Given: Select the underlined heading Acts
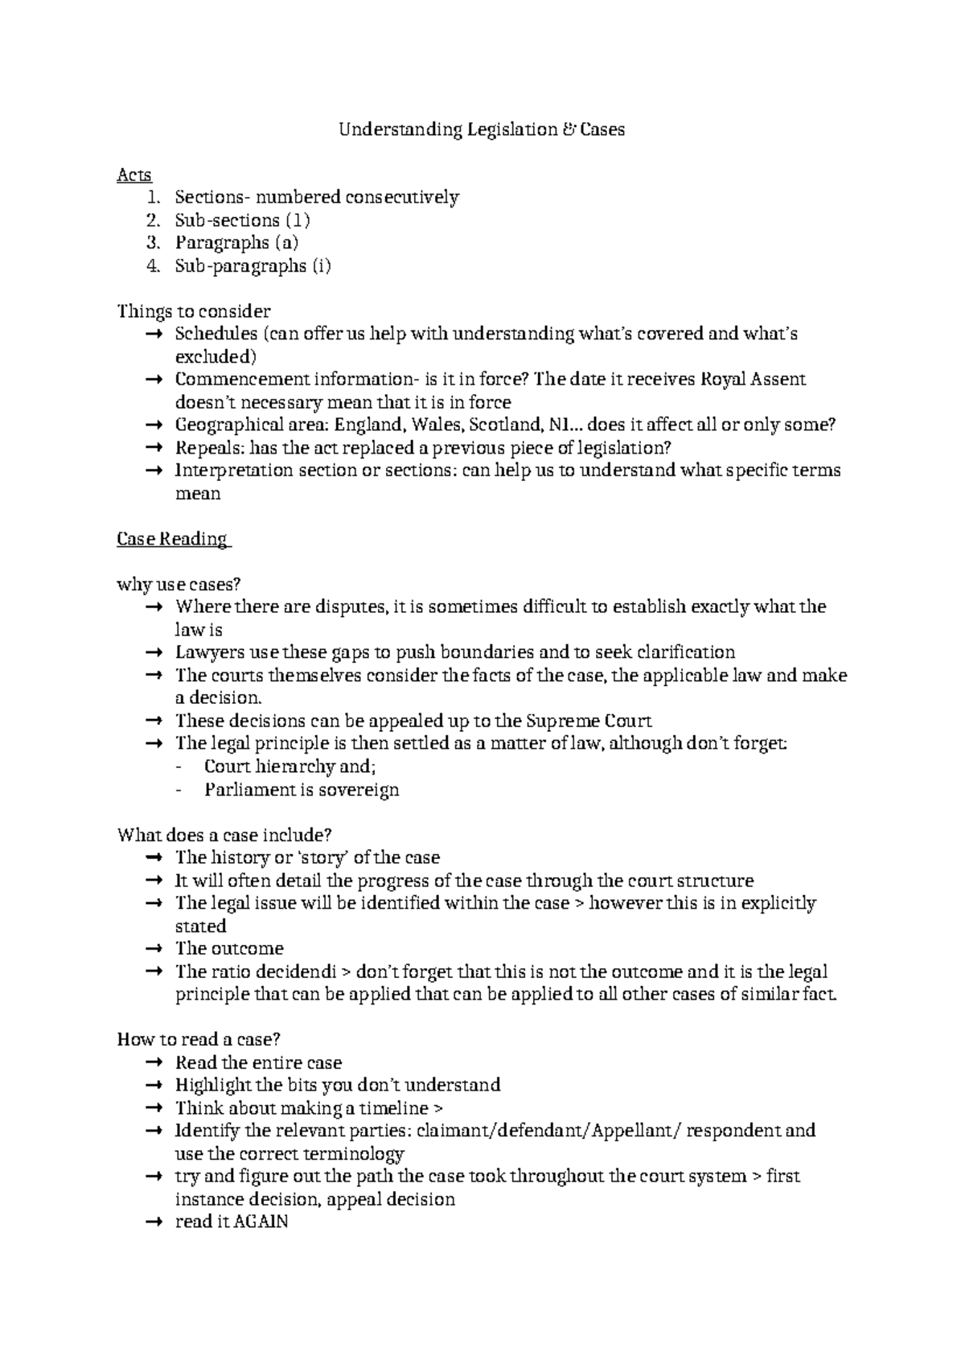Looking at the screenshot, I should click(133, 175).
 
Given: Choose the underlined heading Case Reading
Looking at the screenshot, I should click(173, 539).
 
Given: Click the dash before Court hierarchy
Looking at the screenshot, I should click(179, 766).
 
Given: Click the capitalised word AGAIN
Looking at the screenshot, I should click(261, 1222).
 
